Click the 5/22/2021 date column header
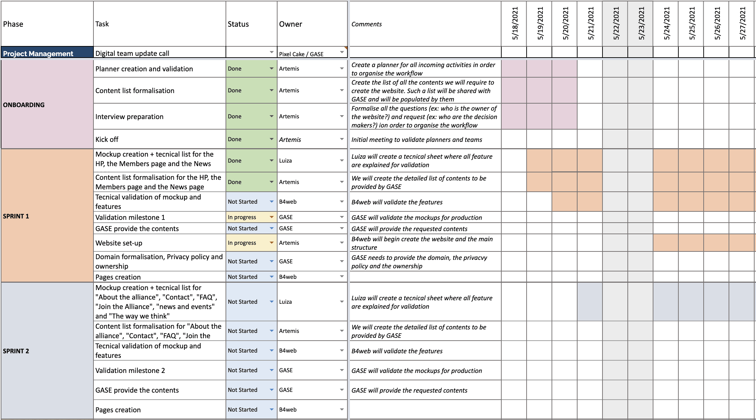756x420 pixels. pyautogui.click(x=615, y=24)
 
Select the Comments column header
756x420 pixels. pyautogui.click(x=366, y=24)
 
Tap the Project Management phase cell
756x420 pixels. pyautogui.click(x=47, y=52)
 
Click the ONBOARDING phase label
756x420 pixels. pyautogui.click(x=24, y=105)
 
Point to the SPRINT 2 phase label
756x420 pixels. pyautogui.click(x=16, y=351)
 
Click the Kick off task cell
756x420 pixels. pyautogui.click(x=159, y=139)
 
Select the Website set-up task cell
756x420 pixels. pyautogui.click(x=159, y=243)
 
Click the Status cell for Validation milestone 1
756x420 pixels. pyautogui.click(x=251, y=217)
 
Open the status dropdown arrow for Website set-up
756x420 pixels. pyautogui.click(x=272, y=243)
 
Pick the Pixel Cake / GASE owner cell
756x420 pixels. pyautogui.click(x=312, y=52)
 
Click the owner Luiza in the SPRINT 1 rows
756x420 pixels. pyautogui.click(x=286, y=160)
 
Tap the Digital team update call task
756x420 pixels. pyautogui.click(x=132, y=53)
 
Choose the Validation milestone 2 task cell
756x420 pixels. pyautogui.click(x=159, y=370)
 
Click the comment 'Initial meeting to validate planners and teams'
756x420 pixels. pyautogui.click(x=417, y=140)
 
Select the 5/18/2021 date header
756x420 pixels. pyautogui.click(x=514, y=24)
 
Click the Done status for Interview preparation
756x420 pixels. pyautogui.click(x=235, y=116)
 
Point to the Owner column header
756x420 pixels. pyautogui.click(x=291, y=24)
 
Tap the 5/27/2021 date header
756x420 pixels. pyautogui.click(x=742, y=24)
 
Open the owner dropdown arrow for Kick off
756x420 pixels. pyautogui.click(x=342, y=139)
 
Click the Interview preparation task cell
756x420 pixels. pyautogui.click(x=159, y=116)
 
